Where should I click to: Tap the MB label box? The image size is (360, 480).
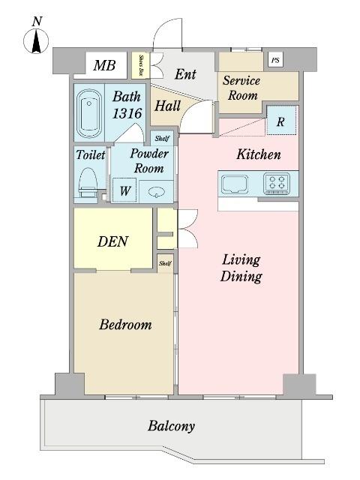pyautogui.click(x=104, y=65)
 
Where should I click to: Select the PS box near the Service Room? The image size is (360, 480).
pyautogui.click(x=276, y=60)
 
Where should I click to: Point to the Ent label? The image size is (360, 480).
pyautogui.click(x=185, y=74)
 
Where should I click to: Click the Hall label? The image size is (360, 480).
pyautogui.click(x=166, y=106)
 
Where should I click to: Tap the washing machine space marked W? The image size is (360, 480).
pyautogui.click(x=124, y=190)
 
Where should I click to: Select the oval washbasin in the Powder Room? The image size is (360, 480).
pyautogui.click(x=155, y=190)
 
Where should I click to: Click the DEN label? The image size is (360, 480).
pyautogui.click(x=113, y=241)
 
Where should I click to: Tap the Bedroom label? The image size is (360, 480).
pyautogui.click(x=125, y=325)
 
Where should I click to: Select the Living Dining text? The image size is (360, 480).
pyautogui.click(x=241, y=268)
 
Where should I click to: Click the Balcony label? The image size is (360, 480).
pyautogui.click(x=171, y=426)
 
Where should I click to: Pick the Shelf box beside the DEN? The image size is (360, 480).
pyautogui.click(x=165, y=263)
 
